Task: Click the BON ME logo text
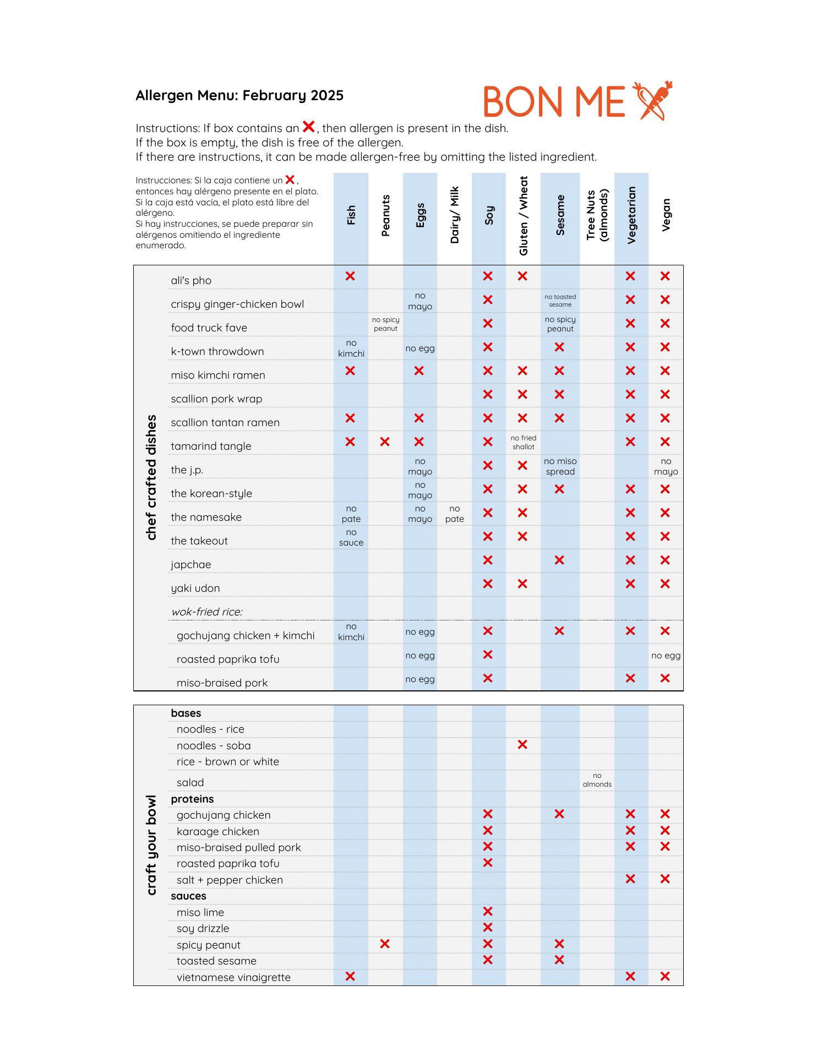(x=554, y=102)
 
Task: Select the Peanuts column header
(x=385, y=216)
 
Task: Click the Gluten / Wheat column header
(x=523, y=216)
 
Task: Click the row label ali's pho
(x=191, y=281)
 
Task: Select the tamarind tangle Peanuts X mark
(x=385, y=442)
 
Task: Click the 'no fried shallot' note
(x=523, y=443)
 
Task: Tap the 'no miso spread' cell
(x=560, y=466)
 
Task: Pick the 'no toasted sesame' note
(x=560, y=301)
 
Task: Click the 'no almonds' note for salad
(x=597, y=780)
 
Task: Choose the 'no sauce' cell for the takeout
(x=351, y=537)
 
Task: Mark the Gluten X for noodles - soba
(x=522, y=745)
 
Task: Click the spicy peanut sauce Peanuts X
(x=385, y=944)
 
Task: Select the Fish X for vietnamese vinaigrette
(x=350, y=977)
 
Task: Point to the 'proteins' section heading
(x=192, y=799)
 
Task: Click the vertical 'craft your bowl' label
(x=151, y=845)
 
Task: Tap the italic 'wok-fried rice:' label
(x=207, y=612)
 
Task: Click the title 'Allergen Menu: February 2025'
(x=239, y=96)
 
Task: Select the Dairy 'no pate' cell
(x=454, y=514)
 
